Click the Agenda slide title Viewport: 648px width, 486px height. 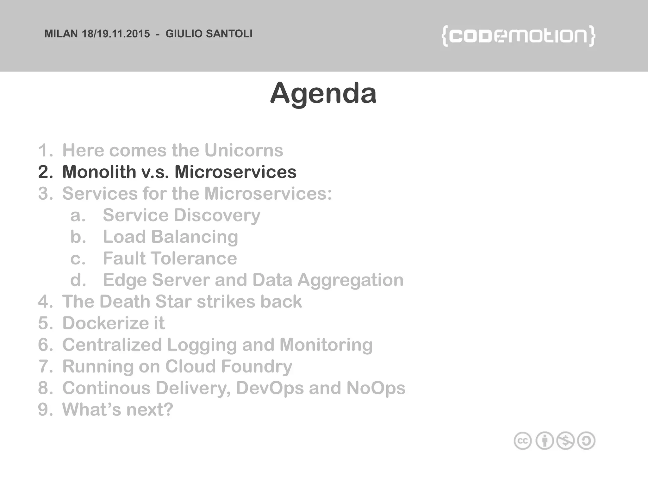pos(323,93)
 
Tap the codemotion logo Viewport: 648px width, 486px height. pos(518,36)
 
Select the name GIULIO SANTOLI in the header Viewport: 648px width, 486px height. pos(209,34)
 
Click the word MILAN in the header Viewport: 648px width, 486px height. pos(61,34)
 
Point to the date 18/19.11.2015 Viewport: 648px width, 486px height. pos(116,34)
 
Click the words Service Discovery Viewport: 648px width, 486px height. pos(181,215)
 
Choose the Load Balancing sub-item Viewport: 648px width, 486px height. pos(170,237)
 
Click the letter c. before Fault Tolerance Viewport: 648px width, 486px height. pos(78,259)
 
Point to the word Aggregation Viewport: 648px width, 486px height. pos(350,280)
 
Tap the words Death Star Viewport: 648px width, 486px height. pos(145,302)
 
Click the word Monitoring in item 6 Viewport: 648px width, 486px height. pos(326,345)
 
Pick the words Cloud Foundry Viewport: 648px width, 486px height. pos(228,366)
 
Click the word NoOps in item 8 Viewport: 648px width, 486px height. pos(376,388)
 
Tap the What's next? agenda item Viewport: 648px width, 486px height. pos(117,409)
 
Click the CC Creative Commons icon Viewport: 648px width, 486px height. pos(522,441)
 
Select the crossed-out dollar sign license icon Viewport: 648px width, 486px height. pos(565,441)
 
